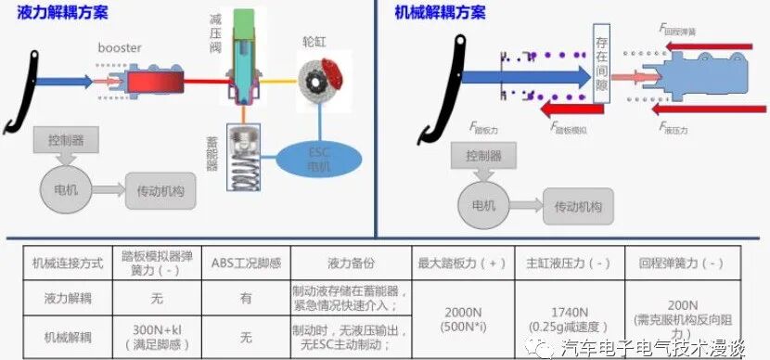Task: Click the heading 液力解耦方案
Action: [x=62, y=12]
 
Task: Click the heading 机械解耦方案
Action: [x=440, y=12]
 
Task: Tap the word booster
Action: [x=121, y=47]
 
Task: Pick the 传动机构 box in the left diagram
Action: [x=161, y=189]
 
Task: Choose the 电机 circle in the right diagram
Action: [x=484, y=206]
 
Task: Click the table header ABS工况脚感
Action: [x=244, y=263]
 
